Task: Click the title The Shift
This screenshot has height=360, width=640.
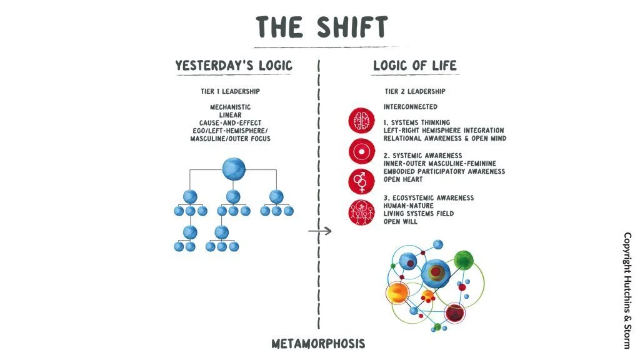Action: tap(321, 27)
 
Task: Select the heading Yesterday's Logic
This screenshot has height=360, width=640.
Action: tap(234, 65)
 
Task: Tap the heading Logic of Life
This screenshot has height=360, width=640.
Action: tap(414, 65)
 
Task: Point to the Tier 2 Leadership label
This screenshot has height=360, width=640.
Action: tap(416, 92)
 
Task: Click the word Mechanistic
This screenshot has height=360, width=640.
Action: tap(231, 107)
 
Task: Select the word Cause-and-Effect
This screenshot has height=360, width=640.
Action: tap(231, 122)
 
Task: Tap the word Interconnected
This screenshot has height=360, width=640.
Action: tap(411, 107)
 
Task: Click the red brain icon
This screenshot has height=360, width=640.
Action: tap(361, 121)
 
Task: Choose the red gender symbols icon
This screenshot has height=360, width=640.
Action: tap(361, 181)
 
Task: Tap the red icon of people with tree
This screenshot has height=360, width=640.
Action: tap(361, 213)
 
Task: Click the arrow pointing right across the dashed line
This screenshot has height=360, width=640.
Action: tap(319, 231)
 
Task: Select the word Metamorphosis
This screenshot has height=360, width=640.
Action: tap(318, 344)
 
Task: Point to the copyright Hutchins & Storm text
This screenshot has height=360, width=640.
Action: tap(627, 290)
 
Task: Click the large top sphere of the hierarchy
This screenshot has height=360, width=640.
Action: tap(234, 168)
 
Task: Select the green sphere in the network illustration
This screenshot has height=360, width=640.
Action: tap(464, 259)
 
